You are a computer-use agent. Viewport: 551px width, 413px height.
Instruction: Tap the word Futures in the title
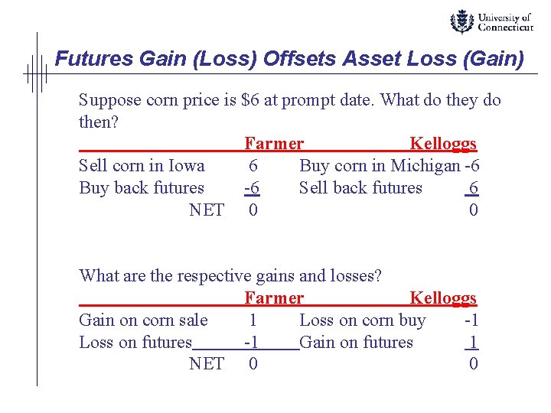click(85, 59)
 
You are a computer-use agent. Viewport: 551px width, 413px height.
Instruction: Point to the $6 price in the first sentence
click(249, 100)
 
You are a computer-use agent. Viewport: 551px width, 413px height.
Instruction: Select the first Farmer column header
click(274, 144)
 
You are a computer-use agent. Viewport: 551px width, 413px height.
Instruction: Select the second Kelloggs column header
click(443, 298)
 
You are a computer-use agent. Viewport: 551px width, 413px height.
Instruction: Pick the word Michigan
click(425, 166)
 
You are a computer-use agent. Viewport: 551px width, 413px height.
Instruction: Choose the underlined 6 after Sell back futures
click(474, 188)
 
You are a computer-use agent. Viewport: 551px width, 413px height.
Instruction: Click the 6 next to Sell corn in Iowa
click(253, 166)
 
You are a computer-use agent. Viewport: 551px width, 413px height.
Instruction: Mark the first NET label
click(207, 210)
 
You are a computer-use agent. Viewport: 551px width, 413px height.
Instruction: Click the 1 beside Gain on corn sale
click(253, 320)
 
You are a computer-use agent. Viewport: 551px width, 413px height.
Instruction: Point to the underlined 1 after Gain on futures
click(474, 343)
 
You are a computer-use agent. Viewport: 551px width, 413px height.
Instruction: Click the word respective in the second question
click(213, 276)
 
